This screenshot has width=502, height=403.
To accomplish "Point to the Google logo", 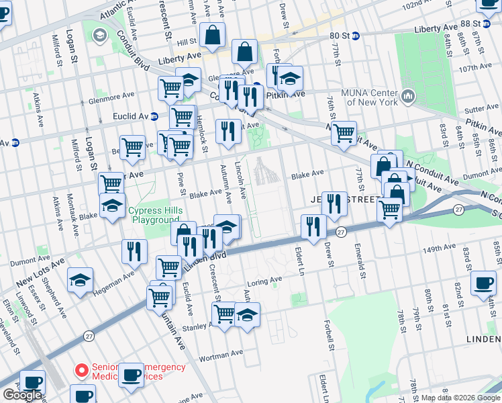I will pos(22,395).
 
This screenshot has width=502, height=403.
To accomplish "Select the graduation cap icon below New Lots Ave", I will pos(81,280).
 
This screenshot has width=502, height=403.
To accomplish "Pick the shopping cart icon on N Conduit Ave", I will pos(344,132).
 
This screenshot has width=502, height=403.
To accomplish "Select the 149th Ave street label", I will pos(439,249).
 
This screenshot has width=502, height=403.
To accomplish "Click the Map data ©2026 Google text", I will pos(460,397).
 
